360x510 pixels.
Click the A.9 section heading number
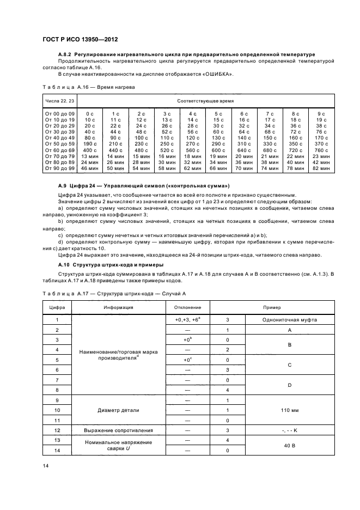63,185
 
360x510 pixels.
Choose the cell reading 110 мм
289,410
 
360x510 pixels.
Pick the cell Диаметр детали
118,410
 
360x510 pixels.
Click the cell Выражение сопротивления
118,430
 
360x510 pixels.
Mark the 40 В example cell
289,445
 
